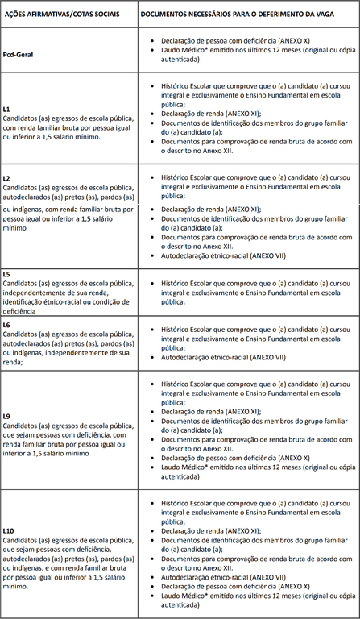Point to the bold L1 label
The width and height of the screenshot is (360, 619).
tap(6, 108)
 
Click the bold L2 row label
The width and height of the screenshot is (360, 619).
tap(6, 177)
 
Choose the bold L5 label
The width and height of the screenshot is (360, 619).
tap(6, 275)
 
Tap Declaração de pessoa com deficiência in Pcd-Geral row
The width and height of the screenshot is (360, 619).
tap(234, 39)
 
